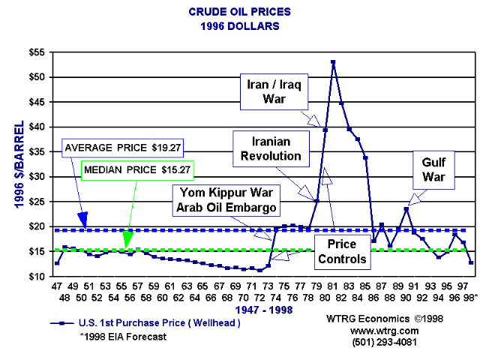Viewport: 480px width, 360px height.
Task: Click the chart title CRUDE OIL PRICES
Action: [239, 13]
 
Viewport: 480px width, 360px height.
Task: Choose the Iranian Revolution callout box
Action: [267, 148]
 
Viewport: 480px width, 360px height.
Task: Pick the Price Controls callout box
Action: [340, 253]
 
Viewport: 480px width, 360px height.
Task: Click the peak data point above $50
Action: [333, 62]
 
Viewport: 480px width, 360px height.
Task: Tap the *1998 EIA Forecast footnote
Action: [123, 337]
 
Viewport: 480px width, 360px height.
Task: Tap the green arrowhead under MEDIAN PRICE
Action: [128, 240]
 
